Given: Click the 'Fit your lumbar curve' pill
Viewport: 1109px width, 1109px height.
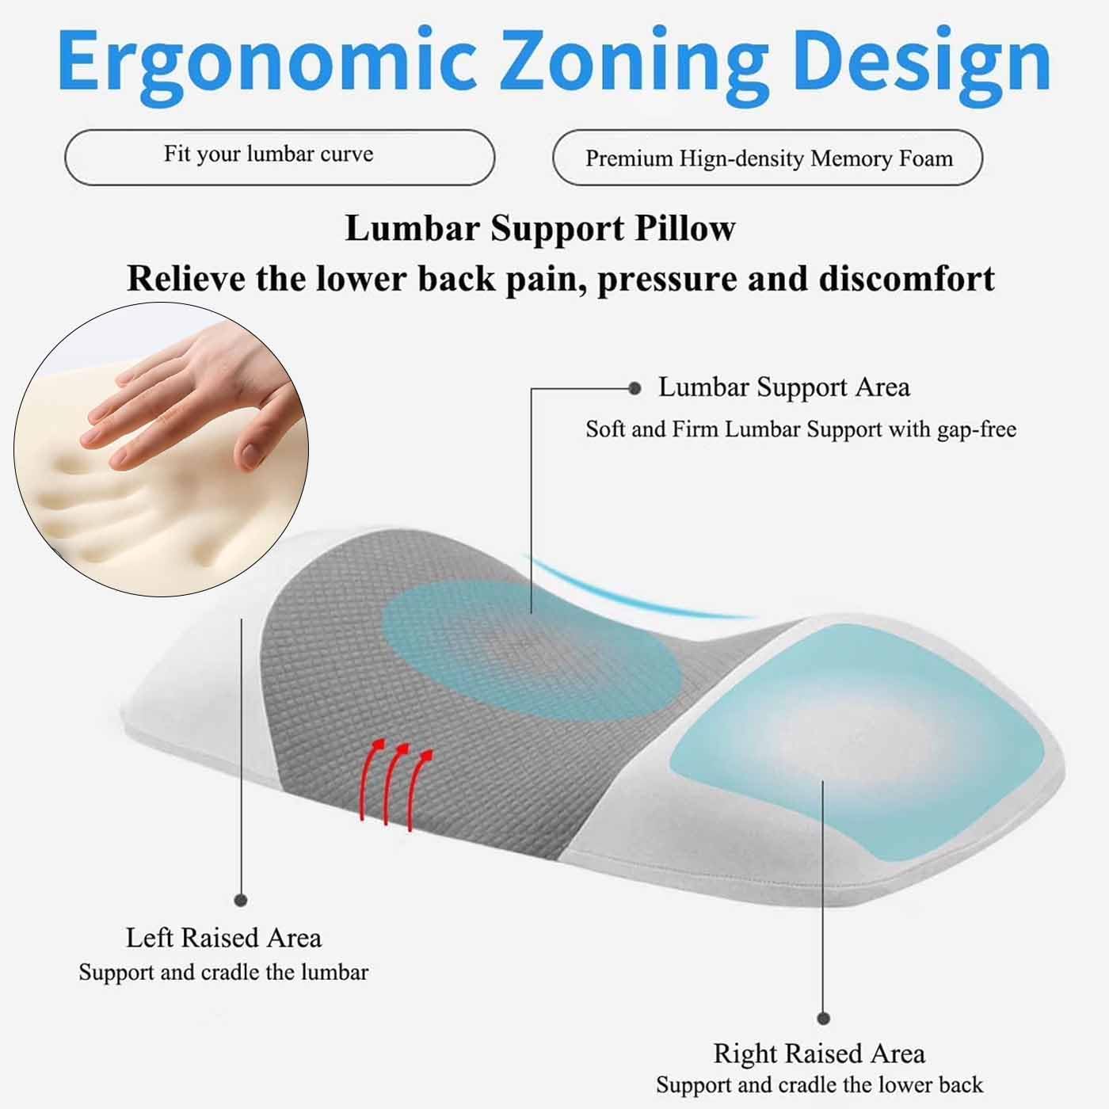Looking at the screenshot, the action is [280, 157].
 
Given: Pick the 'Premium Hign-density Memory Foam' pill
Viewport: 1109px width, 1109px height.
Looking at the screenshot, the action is [767, 157].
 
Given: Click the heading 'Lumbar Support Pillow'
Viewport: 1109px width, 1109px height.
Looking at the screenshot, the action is [539, 228].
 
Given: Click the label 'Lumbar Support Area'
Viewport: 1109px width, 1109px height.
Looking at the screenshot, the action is [784, 387].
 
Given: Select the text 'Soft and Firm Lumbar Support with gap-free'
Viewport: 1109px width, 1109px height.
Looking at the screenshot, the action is [801, 429].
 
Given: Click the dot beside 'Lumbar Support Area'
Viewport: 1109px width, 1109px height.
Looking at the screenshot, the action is [635, 388].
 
